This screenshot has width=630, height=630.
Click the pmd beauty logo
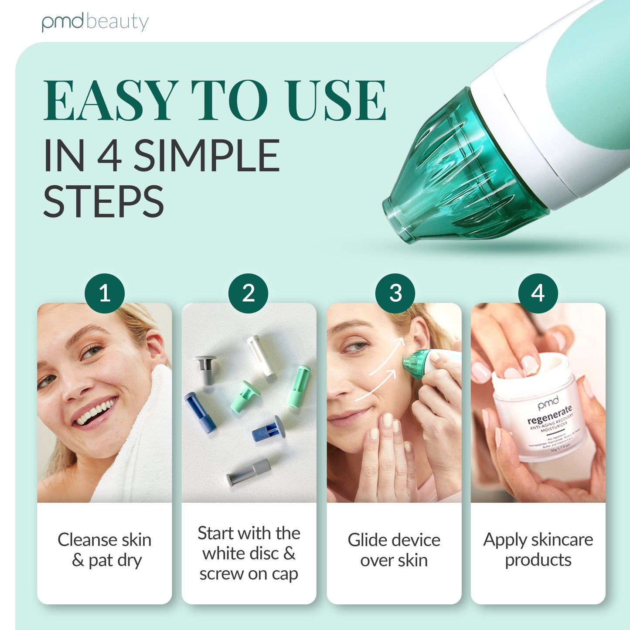95,22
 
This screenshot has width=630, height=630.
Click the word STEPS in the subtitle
103,201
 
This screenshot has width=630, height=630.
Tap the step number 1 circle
105,293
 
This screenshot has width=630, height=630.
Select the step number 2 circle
249,293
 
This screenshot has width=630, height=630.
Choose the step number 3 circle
395,293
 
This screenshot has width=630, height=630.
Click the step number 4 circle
538,293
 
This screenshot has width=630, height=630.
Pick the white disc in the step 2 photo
262,355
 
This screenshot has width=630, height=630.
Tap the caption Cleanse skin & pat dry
105,550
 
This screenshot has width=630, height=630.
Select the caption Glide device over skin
394,550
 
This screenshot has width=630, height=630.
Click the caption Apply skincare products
538,549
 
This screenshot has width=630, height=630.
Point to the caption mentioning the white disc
249,553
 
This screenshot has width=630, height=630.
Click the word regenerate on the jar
549,415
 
